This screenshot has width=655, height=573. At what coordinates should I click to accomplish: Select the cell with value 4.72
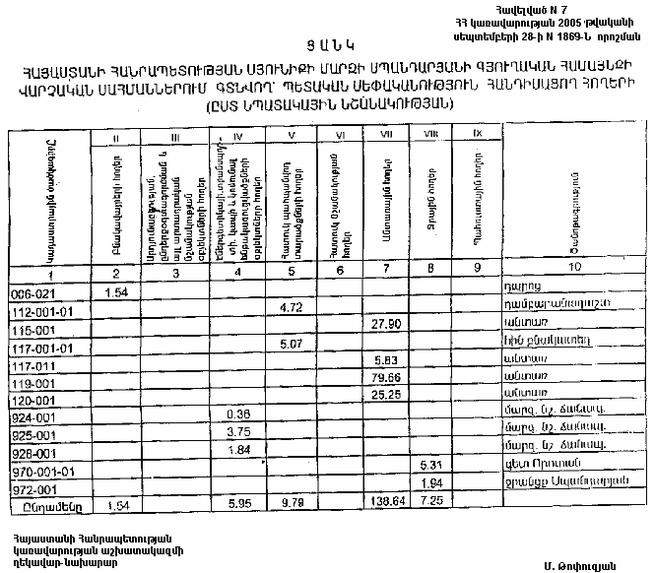[290, 308]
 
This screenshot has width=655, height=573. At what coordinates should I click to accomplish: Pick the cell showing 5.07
[290, 344]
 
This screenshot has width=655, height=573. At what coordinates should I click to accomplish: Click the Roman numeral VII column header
[386, 134]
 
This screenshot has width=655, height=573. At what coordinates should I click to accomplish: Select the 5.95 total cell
[239, 502]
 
